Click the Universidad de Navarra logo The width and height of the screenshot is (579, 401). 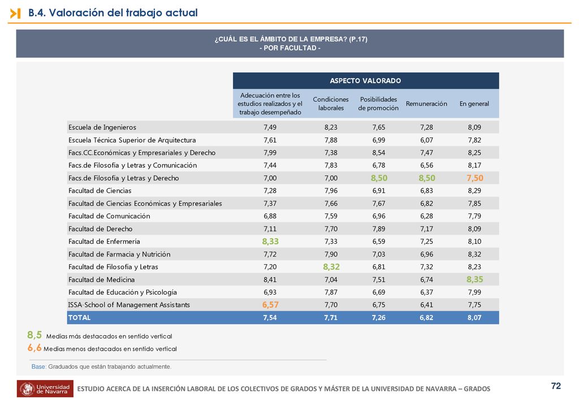(x=45, y=389)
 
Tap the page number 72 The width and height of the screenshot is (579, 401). (x=556, y=386)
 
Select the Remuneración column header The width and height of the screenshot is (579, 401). (x=426, y=104)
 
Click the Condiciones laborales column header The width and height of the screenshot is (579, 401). (x=331, y=104)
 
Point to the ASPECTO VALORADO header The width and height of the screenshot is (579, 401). (x=366, y=80)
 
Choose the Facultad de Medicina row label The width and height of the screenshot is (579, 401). (x=102, y=279)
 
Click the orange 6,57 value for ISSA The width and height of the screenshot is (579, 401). (x=270, y=305)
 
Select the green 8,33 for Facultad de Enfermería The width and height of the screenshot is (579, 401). (x=270, y=242)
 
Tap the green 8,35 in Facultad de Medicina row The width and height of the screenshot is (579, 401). (x=474, y=279)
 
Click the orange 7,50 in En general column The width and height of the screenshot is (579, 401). (x=475, y=178)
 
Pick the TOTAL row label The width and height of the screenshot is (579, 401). (x=79, y=317)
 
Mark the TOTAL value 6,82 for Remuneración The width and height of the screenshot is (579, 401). (x=426, y=317)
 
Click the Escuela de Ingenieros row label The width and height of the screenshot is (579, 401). (x=102, y=127)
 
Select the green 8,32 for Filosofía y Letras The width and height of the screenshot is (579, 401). (x=331, y=266)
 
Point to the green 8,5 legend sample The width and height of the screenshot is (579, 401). (x=34, y=335)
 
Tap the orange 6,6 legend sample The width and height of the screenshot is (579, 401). (x=34, y=347)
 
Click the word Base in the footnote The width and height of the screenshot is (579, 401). (x=38, y=366)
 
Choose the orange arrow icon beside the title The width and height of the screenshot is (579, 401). (x=15, y=14)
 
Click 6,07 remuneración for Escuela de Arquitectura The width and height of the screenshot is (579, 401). (x=426, y=140)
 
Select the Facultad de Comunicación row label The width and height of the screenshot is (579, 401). (x=109, y=216)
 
